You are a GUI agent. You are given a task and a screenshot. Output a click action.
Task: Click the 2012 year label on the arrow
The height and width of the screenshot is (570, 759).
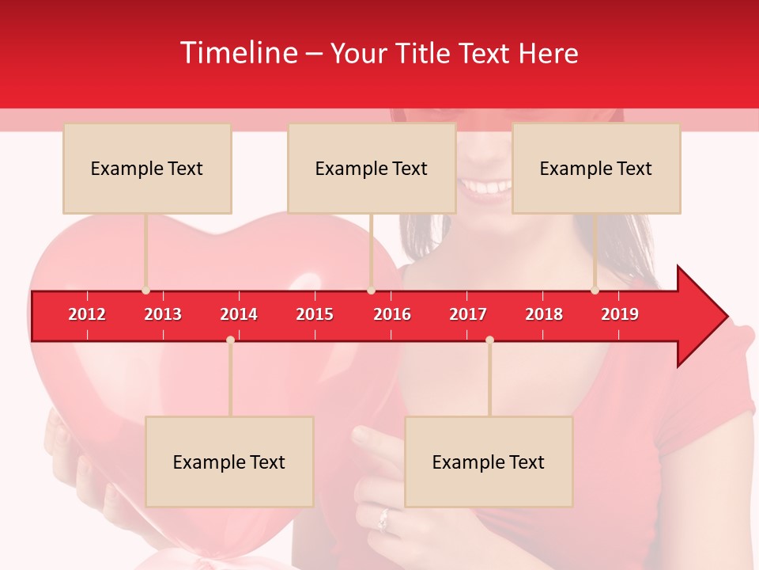87,314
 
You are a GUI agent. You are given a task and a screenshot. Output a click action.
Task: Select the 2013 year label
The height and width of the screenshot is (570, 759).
163,314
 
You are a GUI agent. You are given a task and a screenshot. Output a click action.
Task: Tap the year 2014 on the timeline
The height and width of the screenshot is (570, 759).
239,314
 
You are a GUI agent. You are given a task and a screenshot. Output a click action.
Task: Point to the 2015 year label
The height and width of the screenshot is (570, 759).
315,314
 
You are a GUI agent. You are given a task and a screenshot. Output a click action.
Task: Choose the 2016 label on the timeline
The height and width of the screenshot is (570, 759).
392,314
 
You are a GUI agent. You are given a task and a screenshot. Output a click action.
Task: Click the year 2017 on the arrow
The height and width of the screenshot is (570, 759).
468,314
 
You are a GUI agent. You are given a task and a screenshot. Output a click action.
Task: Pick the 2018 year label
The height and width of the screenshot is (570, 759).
544,314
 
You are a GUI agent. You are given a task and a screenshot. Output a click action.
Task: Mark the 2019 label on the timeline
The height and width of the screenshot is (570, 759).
620,314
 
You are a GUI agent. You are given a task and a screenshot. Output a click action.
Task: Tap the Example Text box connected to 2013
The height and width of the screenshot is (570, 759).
147,169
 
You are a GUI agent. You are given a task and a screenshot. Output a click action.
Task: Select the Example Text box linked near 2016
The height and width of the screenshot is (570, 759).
372,169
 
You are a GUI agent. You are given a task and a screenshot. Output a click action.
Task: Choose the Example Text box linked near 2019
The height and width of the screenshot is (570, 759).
596,169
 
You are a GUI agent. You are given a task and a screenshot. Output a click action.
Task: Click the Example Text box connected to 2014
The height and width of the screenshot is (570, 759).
229,462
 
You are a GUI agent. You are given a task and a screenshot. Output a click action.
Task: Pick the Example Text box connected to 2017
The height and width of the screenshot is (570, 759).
489,462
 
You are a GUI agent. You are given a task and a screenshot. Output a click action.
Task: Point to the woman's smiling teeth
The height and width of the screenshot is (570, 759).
485,188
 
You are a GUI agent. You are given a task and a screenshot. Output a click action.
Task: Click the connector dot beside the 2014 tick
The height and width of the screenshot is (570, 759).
230,340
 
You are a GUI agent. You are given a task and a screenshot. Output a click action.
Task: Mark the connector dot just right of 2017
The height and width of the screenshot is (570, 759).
489,340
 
